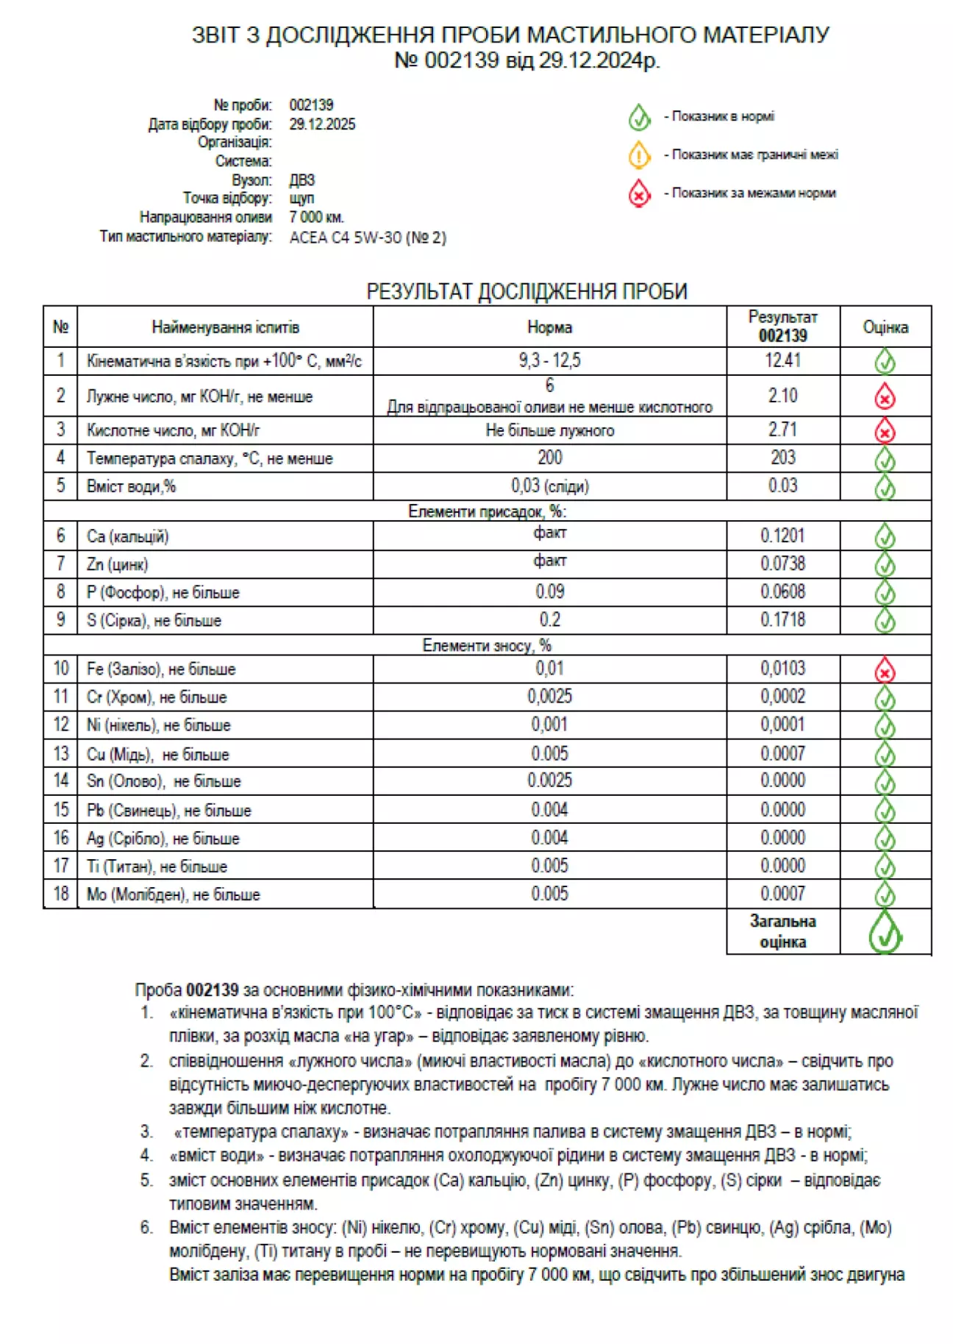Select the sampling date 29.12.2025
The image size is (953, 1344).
click(322, 124)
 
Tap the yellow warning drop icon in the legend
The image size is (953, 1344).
click(639, 155)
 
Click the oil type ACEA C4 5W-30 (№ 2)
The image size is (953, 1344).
click(368, 238)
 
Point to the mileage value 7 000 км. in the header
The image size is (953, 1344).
click(317, 217)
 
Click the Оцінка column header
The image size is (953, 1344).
click(885, 327)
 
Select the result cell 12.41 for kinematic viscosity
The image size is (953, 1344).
click(782, 360)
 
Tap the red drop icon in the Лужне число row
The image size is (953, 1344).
click(885, 397)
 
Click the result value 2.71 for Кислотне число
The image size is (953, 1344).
click(782, 430)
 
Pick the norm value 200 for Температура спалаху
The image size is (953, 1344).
click(549, 458)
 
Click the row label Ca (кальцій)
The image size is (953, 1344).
click(128, 536)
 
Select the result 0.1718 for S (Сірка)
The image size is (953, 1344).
click(782, 619)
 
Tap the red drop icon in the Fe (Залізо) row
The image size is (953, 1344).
click(885, 670)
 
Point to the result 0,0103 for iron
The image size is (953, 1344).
click(782, 668)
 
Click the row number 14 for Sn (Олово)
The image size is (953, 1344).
click(61, 781)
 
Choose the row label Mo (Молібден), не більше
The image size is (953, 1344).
click(174, 895)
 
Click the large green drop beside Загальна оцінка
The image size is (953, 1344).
click(885, 932)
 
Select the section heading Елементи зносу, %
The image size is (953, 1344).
click(487, 645)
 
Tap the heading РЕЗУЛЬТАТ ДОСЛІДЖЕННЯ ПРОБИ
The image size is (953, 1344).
click(527, 291)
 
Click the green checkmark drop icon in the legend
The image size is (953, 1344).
click(639, 117)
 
